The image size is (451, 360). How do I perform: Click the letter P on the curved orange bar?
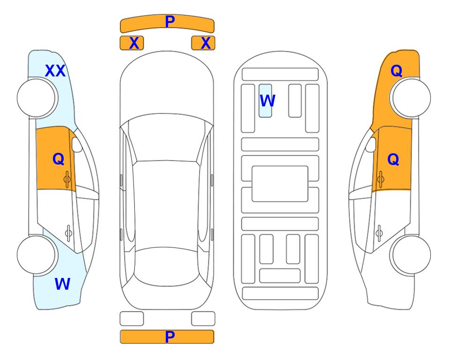tap(170, 21)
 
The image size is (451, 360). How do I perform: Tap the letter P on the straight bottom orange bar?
tap(170, 337)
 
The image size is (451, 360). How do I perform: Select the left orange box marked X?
tap(132, 43)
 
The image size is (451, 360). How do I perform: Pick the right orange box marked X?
tap(203, 43)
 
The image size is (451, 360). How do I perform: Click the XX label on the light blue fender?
tap(55, 71)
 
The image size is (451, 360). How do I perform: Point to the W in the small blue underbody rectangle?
tap(267, 100)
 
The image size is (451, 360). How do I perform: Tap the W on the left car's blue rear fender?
tap(62, 284)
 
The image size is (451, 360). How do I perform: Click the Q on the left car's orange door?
tap(59, 159)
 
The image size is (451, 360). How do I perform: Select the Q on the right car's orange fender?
tap(396, 71)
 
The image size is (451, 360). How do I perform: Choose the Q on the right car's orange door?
tap(393, 159)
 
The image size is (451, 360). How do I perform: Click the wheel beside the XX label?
tap(37, 98)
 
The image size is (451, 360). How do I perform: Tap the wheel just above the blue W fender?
tap(37, 255)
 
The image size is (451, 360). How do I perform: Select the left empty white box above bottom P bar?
tap(132, 319)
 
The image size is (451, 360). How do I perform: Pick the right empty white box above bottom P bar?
tap(203, 319)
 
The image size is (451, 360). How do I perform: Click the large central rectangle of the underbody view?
tap(280, 184)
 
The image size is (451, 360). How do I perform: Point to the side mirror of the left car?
tap(77, 144)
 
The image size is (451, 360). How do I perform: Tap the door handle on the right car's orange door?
tap(380, 179)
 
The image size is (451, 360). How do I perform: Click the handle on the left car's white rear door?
tap(68, 233)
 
